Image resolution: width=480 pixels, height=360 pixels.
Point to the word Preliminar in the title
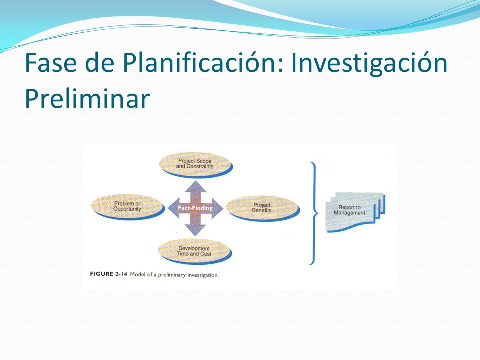87,98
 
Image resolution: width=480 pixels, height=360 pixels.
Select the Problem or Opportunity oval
128,207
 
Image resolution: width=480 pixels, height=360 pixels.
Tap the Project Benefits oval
263,208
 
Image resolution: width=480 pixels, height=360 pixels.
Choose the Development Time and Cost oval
195,251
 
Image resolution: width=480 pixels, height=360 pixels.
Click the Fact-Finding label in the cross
195,208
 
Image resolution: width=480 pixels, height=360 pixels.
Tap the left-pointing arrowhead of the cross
174,208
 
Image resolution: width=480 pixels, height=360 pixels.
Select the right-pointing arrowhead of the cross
216,208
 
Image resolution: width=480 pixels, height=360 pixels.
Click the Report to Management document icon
355,212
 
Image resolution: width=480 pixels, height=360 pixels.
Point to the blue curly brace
314,213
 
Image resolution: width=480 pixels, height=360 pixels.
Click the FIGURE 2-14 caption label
108,274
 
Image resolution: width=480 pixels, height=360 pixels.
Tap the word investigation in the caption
203,275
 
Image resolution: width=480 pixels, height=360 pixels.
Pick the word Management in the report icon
349,213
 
